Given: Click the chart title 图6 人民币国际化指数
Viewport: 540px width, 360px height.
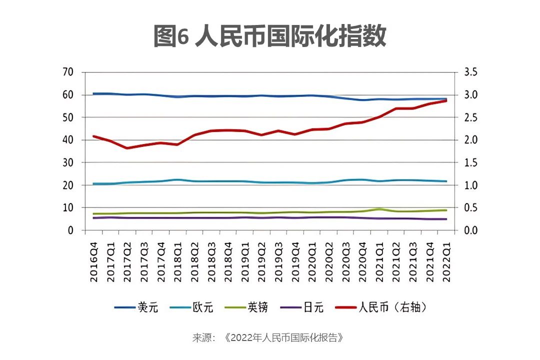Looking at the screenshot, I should [x=270, y=36].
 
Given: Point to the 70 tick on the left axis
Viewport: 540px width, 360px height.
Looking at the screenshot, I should [x=68, y=72].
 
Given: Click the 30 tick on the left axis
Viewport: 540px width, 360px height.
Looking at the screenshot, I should [x=68, y=162].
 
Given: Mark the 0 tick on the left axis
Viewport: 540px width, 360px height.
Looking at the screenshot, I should [x=70, y=230].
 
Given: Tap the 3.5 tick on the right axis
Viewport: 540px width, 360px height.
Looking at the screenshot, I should [x=471, y=72].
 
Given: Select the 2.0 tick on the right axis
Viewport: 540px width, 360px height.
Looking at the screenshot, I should [x=471, y=140].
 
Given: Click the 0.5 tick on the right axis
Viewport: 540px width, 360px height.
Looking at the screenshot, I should [x=471, y=208].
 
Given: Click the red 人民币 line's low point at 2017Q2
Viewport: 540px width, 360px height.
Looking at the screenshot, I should [x=127, y=148].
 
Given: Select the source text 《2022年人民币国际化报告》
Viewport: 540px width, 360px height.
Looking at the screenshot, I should [x=284, y=337].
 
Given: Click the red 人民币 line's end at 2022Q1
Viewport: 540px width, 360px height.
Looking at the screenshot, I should [x=445, y=100].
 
